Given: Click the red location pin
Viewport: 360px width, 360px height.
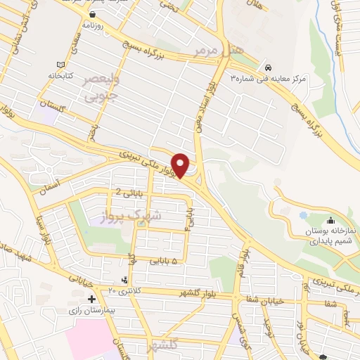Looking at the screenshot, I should pyautogui.click(x=181, y=165).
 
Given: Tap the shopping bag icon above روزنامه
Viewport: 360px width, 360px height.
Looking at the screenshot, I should pyautogui.click(x=92, y=13).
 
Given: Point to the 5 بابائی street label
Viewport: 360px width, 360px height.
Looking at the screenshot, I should pyautogui.click(x=165, y=259).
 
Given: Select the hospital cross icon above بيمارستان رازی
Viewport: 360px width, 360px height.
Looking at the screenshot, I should pyautogui.click(x=91, y=299).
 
